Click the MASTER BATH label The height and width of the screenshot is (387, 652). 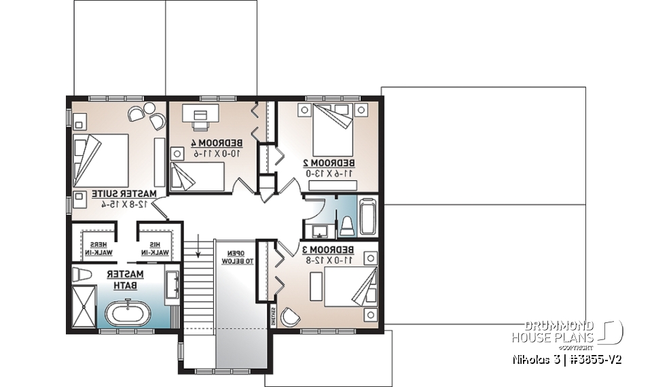pyautogui.click(x=124, y=279)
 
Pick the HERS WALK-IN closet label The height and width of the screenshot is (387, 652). pyautogui.click(x=99, y=248)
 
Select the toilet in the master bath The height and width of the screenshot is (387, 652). pyautogui.click(x=80, y=275)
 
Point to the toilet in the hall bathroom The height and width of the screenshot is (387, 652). pyautogui.click(x=344, y=224)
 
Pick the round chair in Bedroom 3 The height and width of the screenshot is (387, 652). pyautogui.click(x=290, y=317)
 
